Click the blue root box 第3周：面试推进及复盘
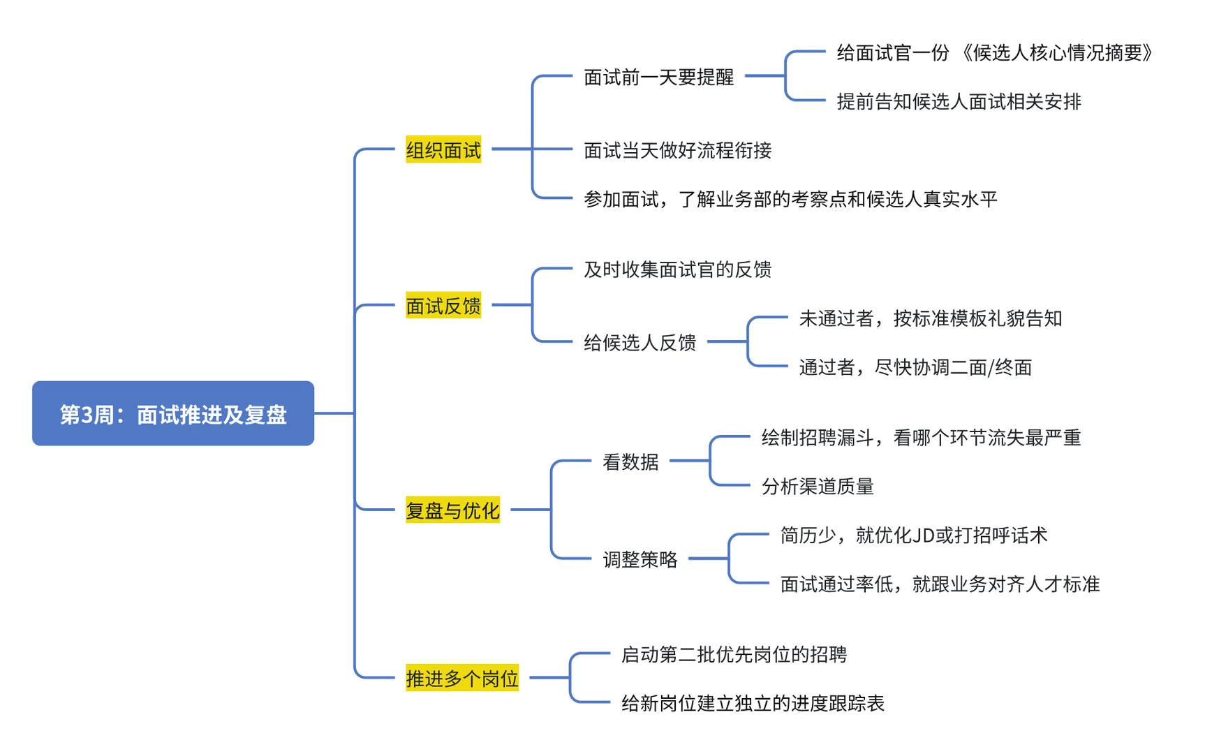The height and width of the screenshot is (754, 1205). pyautogui.click(x=173, y=413)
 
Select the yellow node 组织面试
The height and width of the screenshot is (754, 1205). pyautogui.click(x=443, y=150)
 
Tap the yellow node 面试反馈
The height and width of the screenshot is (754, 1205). pyautogui.click(x=443, y=306)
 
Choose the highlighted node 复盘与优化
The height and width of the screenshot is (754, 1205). pyautogui.click(x=452, y=510)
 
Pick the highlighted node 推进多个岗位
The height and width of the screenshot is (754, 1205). pyautogui.click(x=461, y=678)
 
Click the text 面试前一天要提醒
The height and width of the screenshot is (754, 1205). pyautogui.click(x=658, y=77)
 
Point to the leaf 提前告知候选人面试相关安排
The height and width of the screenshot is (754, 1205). pyautogui.click(x=959, y=102)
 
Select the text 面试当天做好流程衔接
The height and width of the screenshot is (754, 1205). pyautogui.click(x=677, y=150)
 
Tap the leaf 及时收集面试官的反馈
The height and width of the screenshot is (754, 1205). pyautogui.click(x=677, y=269)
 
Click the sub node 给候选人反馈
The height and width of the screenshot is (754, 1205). pyautogui.click(x=640, y=342)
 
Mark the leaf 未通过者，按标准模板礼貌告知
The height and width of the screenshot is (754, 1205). pyautogui.click(x=930, y=318)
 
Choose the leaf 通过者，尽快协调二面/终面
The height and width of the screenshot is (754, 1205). pyautogui.click(x=915, y=367)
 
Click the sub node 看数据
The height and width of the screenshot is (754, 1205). pyautogui.click(x=630, y=461)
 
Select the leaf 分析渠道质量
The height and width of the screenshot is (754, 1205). pyautogui.click(x=817, y=487)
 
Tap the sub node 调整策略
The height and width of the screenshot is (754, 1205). pyautogui.click(x=640, y=559)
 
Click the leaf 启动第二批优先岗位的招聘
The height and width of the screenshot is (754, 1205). pyautogui.click(x=734, y=654)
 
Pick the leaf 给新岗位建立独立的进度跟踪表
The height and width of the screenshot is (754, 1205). pyautogui.click(x=753, y=703)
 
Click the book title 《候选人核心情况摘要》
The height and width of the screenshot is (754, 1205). pyautogui.click(x=1057, y=53)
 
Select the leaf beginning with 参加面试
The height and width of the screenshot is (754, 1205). pyautogui.click(x=790, y=200)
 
